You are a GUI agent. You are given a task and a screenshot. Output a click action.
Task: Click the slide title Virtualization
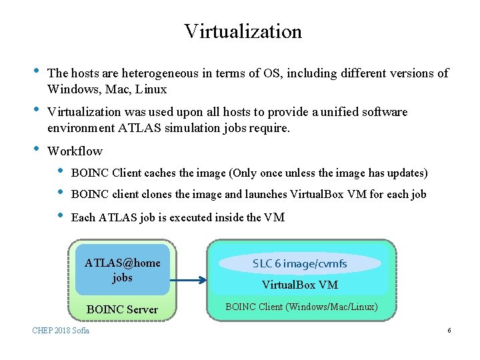pos(243,31)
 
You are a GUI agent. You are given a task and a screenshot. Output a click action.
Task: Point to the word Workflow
pos(75,151)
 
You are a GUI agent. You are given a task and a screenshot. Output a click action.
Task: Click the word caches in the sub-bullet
pos(163,173)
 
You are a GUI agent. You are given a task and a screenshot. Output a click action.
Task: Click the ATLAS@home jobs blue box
pos(122,270)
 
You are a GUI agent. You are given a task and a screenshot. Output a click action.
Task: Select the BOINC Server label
pos(122,309)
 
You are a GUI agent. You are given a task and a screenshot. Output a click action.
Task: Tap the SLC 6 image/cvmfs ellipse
pos(300,263)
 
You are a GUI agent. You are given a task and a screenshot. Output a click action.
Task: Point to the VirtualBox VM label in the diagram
pos(299,285)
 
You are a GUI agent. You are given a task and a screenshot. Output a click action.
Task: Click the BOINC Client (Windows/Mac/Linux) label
pos(301,307)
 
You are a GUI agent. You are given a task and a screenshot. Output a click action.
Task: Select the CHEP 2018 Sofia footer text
pos(61,331)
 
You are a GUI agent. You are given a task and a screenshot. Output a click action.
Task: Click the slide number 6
pos(449,331)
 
